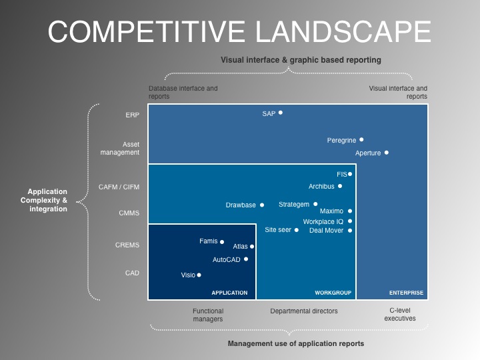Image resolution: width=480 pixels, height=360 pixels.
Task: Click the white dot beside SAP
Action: click(281, 113)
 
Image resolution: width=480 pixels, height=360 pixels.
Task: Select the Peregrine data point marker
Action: click(361, 139)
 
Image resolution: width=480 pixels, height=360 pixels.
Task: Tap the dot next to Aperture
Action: click(387, 153)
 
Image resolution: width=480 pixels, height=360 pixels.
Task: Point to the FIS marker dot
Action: click(350, 174)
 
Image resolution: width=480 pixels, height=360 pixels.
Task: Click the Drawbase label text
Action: click(241, 205)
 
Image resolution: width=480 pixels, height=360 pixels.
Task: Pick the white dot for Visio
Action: click(199, 275)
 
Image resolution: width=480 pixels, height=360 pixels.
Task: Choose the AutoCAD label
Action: click(227, 259)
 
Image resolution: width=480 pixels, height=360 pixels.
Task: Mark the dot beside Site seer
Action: click(296, 230)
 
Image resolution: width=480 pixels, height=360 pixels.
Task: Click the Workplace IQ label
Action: click(323, 221)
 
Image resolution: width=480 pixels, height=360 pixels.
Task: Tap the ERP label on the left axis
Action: click(132, 115)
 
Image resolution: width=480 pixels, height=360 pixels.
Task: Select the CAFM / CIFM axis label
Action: click(119, 187)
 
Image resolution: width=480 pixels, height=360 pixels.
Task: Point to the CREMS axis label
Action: click(127, 245)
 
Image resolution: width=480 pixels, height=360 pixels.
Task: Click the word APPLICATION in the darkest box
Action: click(229, 293)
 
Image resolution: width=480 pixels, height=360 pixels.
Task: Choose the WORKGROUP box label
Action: click(333, 293)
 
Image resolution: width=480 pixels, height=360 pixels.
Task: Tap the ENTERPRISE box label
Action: click(406, 293)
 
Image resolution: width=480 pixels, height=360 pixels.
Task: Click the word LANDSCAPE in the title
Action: click(343, 31)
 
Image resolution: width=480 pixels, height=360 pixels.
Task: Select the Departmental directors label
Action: click(304, 311)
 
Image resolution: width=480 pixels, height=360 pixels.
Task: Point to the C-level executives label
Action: click(400, 315)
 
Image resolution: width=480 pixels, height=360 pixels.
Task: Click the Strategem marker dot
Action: click(315, 204)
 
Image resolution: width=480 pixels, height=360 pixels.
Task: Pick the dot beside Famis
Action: click(222, 242)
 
